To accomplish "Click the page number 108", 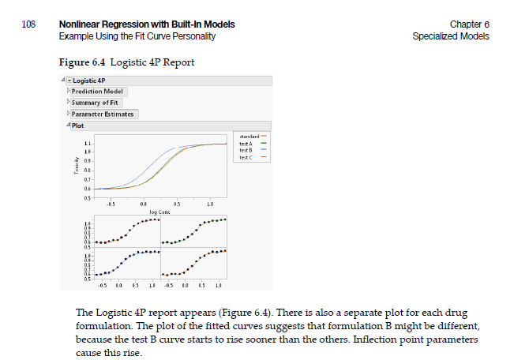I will [29, 25].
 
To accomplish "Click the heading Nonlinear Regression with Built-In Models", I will [146, 25].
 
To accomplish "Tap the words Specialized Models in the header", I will [450, 36].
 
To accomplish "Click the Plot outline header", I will [78, 126].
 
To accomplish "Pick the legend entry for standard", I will [249, 137].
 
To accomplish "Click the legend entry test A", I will [246, 144].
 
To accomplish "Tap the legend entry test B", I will [246, 150].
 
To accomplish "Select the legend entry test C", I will [246, 157].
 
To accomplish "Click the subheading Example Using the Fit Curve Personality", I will [137, 36].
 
